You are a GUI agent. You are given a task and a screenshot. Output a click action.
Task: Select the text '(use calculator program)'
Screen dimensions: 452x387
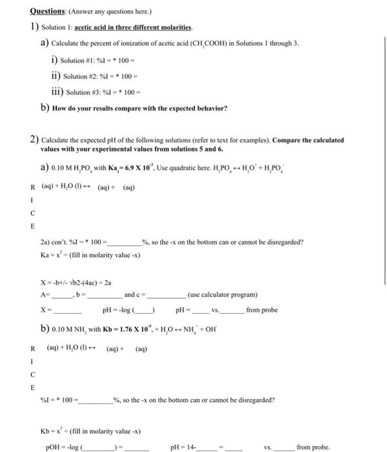[x=223, y=294]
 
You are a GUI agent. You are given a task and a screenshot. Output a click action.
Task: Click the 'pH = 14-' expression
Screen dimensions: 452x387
[x=183, y=446]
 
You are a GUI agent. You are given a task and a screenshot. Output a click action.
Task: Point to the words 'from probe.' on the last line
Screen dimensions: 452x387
[x=313, y=446]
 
